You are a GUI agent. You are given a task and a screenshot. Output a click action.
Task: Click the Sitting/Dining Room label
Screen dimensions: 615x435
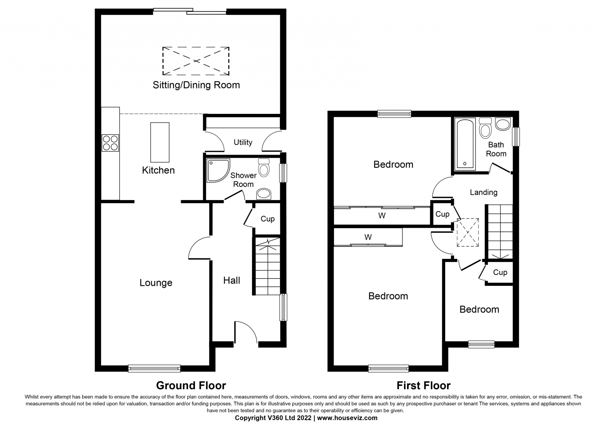click(x=196, y=85)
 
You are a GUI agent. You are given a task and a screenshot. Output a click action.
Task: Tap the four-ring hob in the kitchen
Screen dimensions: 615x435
click(x=110, y=143)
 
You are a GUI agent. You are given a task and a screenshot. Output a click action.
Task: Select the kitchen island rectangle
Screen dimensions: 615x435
click(x=160, y=142)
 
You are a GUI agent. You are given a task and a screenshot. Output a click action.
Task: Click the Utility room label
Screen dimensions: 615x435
click(x=243, y=142)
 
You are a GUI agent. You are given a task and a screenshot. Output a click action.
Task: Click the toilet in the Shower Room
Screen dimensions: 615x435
click(x=264, y=168)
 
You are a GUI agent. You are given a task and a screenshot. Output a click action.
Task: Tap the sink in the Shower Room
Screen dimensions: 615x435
click(x=264, y=194)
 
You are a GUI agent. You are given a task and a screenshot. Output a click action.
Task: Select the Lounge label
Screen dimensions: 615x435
click(x=156, y=283)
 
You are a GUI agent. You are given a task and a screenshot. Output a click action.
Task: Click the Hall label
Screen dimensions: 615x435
click(x=231, y=280)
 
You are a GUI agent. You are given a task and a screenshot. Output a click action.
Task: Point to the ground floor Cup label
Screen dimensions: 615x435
click(x=268, y=219)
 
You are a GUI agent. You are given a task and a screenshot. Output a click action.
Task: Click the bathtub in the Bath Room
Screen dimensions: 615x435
click(x=465, y=144)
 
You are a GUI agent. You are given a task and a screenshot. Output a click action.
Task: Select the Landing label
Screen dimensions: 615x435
click(x=484, y=192)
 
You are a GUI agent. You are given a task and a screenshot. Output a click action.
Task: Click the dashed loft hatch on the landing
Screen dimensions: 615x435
click(x=468, y=232)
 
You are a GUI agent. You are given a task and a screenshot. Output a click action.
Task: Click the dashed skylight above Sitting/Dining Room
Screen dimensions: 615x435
click(x=196, y=61)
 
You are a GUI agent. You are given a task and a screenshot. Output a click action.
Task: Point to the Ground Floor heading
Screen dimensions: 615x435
click(x=191, y=385)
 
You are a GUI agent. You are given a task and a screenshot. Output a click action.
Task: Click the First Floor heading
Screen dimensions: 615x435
click(x=424, y=385)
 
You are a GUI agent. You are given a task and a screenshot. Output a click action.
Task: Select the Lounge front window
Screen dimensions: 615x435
click(x=154, y=368)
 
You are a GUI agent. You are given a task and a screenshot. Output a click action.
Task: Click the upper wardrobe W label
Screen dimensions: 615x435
click(x=382, y=216)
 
